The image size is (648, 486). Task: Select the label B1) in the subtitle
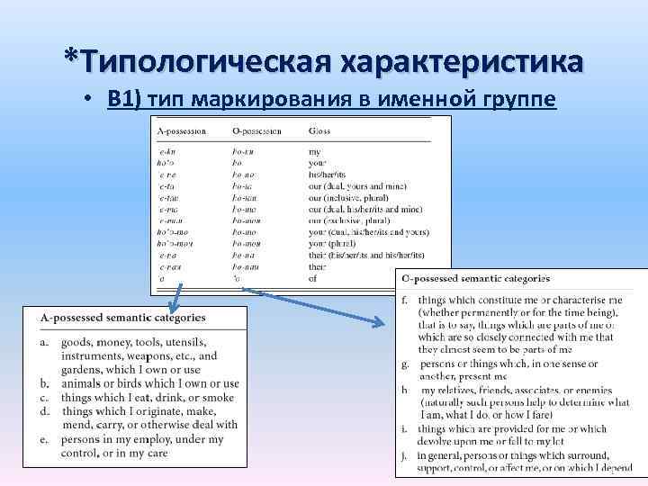(124, 98)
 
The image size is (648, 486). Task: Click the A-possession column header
(182, 131)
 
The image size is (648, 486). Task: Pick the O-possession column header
(256, 131)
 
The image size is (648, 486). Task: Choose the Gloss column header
(319, 131)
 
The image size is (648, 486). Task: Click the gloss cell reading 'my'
(314, 151)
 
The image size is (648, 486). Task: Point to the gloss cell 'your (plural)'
(331, 243)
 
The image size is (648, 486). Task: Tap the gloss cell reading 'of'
(313, 278)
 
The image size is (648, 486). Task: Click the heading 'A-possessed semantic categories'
(122, 317)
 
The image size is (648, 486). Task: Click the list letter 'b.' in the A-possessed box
(44, 384)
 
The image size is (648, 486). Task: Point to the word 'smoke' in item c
(219, 398)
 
